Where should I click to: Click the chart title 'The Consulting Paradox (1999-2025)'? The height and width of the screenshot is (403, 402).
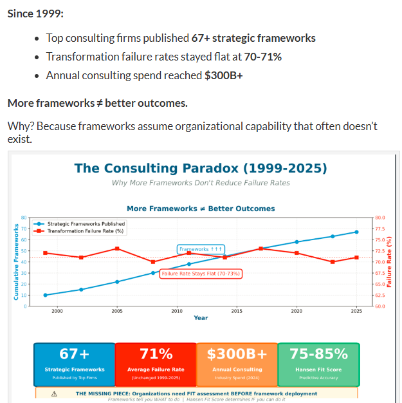pos(201,169)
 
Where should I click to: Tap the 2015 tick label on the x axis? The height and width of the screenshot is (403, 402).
pos(237,311)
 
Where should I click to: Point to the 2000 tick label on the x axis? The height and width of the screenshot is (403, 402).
pos(57,311)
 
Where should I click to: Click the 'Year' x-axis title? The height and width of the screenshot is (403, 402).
pos(201,317)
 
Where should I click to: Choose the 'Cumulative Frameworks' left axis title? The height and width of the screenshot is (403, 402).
pos(15,261)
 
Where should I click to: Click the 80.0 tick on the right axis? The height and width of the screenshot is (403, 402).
pos(379,217)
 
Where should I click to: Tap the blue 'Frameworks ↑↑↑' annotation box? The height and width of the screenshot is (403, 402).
pos(201,248)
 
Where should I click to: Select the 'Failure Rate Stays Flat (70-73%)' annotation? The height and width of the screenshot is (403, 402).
pos(201,274)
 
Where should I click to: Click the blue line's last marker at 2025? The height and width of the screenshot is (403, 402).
pos(356,232)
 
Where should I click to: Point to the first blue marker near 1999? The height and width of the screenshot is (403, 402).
pos(45,295)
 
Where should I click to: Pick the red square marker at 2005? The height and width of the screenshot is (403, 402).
pos(117,248)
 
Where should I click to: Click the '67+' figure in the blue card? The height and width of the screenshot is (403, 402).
pos(74,354)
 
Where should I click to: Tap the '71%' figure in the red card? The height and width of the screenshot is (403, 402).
pos(156,354)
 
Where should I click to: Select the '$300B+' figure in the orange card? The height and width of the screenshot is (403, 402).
pos(237,354)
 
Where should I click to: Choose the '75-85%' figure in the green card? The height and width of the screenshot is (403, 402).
pos(318,354)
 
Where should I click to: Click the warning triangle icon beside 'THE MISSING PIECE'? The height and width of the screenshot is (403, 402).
pos(54,393)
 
